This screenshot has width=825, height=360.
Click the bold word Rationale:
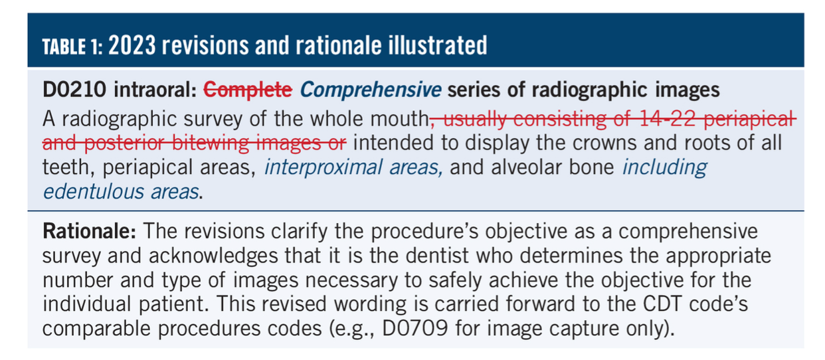click(x=89, y=232)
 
